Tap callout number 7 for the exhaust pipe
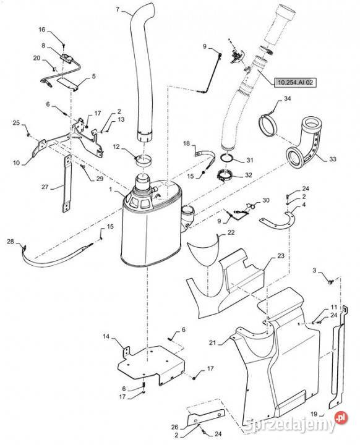(x=118, y=9)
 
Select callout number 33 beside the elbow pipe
(x=333, y=159)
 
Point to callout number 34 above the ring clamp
(x=287, y=98)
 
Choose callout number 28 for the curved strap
(x=11, y=242)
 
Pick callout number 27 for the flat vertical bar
(x=45, y=187)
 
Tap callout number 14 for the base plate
(x=106, y=337)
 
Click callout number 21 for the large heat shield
(x=213, y=343)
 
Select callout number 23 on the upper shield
(x=281, y=256)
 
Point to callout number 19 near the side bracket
(x=314, y=414)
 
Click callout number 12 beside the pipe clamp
(x=116, y=146)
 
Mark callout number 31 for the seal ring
(x=249, y=160)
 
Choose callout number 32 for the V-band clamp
(x=248, y=175)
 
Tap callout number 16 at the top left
(x=42, y=30)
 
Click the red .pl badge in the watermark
(x=341, y=417)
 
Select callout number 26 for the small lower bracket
(x=174, y=427)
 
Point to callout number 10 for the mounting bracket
(x=17, y=163)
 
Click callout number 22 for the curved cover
(x=231, y=232)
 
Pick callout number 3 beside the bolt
(x=314, y=271)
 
